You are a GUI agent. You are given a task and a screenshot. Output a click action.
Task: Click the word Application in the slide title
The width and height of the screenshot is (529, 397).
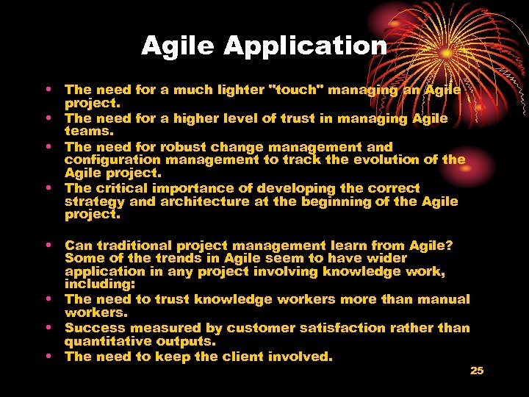click(306, 46)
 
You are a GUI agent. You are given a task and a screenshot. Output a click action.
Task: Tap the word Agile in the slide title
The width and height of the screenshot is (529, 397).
click(179, 46)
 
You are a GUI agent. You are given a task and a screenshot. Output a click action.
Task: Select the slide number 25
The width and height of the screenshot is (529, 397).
click(477, 371)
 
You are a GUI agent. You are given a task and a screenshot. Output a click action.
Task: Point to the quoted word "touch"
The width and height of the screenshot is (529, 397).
click(298, 90)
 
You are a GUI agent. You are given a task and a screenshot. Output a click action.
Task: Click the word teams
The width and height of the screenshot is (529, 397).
click(89, 131)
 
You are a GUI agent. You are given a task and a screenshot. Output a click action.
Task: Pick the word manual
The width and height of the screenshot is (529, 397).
click(443, 299)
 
